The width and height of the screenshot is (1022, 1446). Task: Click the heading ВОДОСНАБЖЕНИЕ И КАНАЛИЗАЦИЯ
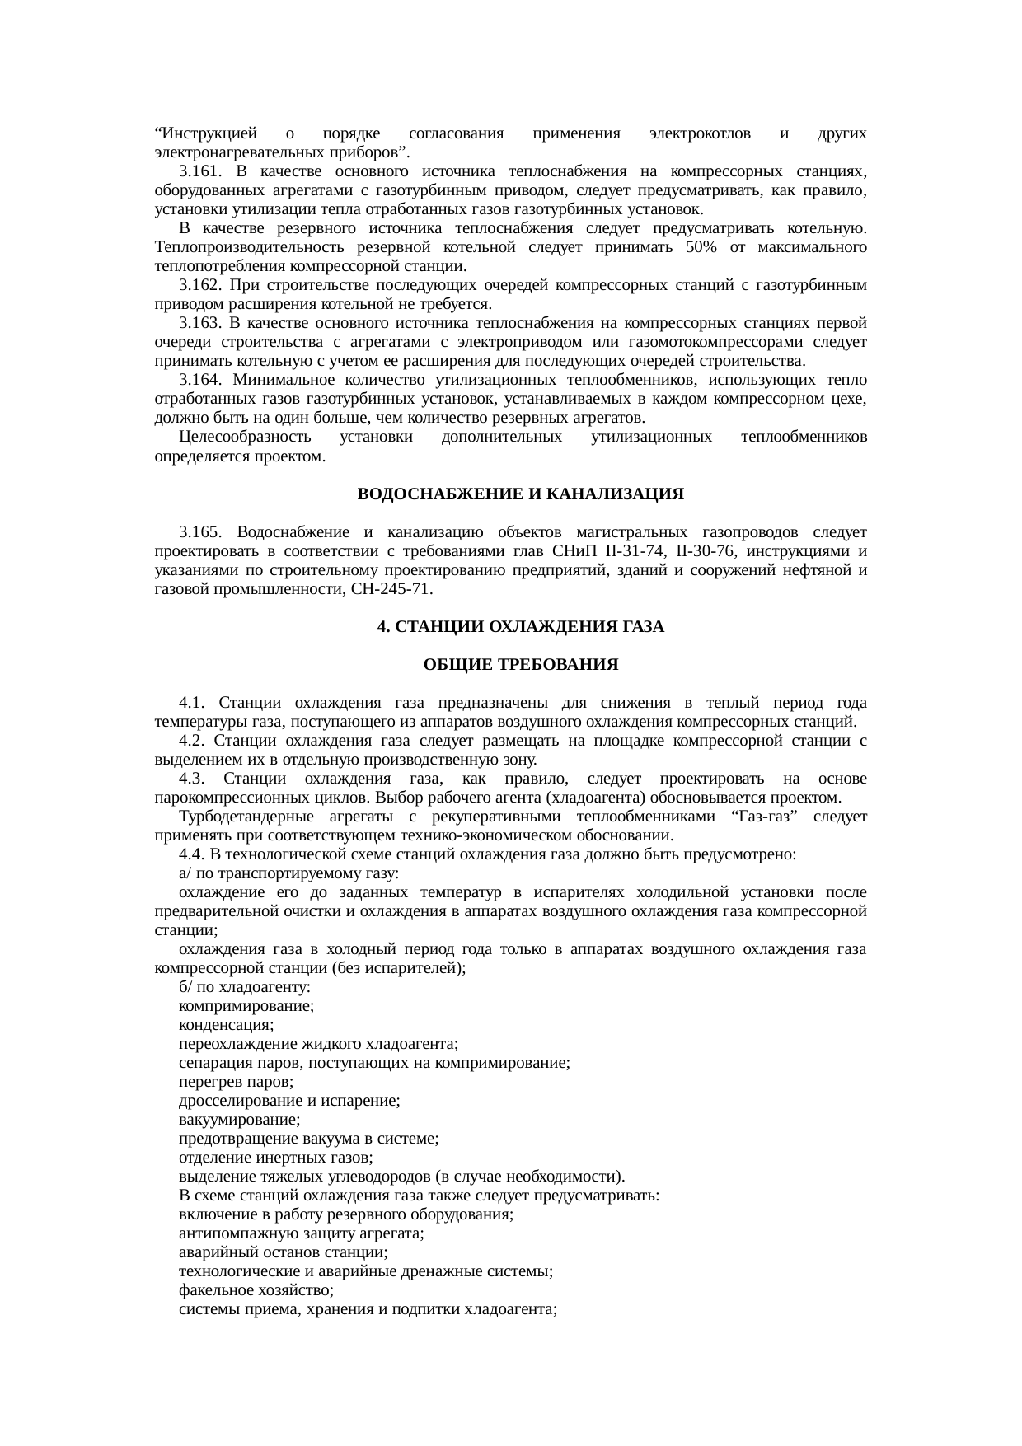pos(520,494)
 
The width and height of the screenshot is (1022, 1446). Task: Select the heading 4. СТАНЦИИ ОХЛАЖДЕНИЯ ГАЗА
pos(520,627)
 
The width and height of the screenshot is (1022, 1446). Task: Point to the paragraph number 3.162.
pos(199,285)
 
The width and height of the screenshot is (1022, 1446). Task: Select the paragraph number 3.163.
pos(199,323)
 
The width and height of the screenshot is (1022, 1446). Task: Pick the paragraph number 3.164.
pos(199,380)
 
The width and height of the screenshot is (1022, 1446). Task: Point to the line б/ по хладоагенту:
pos(244,987)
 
